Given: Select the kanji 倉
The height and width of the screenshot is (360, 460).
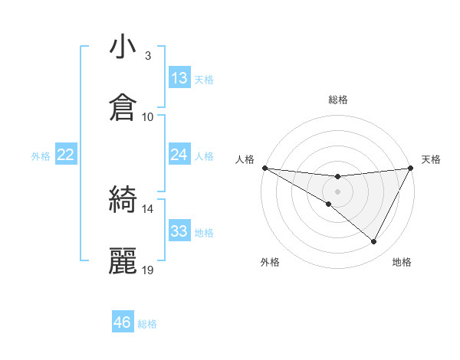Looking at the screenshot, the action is [123, 108].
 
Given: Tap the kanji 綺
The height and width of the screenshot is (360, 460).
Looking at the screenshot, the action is [123, 201].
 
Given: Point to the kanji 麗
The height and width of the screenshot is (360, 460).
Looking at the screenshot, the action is [123, 261].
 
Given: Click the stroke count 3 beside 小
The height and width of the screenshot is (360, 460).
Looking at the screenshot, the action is [147, 56].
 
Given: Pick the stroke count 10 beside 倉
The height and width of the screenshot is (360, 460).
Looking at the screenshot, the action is [148, 116].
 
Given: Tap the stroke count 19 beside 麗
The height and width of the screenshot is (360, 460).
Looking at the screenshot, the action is [148, 270].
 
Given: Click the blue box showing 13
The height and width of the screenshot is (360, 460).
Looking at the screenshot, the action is [179, 78].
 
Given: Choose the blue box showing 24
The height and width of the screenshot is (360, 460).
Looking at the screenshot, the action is [179, 155].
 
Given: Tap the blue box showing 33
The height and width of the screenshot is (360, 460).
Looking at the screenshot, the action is [179, 231].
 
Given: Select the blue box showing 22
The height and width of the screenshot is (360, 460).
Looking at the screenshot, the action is [66, 155].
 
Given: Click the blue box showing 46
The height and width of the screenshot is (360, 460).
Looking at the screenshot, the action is [123, 322].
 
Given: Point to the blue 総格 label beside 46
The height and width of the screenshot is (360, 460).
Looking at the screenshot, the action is [147, 324].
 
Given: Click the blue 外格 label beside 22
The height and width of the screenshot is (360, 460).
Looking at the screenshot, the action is [41, 156].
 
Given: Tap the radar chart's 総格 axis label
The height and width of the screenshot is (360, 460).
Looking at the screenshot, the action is [338, 100].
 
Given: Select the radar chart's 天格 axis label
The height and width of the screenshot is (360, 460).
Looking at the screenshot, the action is [431, 159].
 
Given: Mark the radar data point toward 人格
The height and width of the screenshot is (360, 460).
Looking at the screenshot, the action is [264, 168].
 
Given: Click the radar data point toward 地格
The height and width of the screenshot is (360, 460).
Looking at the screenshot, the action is [374, 242].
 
